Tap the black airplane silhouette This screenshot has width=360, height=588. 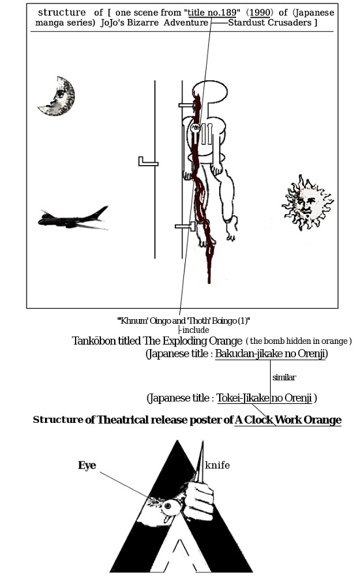coord(73,219)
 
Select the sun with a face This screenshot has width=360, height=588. coord(308,202)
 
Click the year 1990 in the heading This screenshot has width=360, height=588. coord(260,12)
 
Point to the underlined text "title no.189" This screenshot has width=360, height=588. coord(212,12)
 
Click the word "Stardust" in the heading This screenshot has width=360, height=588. coord(247,22)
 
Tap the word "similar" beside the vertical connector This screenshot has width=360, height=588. coord(284,377)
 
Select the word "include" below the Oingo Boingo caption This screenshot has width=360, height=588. coord(196,330)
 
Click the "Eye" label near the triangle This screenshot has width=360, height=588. coord(87,465)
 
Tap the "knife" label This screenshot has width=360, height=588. coord(217,465)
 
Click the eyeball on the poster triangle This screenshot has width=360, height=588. coord(169,507)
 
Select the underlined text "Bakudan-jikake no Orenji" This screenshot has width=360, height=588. coord(271,354)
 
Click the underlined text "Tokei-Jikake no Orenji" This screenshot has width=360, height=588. coord(264,398)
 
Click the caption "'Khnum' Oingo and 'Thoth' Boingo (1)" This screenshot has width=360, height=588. coord(183,320)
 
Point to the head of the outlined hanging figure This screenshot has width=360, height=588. coord(210,91)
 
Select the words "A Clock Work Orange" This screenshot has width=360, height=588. coord(288,420)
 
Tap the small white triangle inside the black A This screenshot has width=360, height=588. coord(181,555)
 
